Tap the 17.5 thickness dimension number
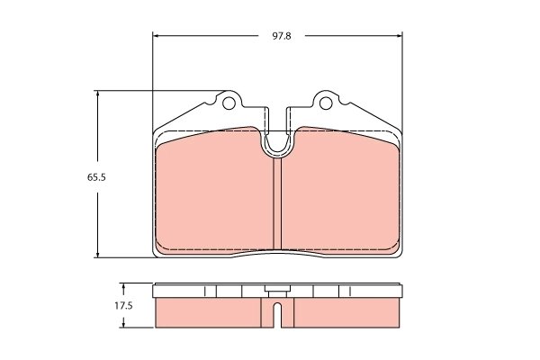(x=124, y=306)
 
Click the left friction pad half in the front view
(x=216, y=193)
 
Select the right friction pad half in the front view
(x=342, y=193)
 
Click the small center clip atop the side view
(x=278, y=290)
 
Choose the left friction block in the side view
(x=211, y=312)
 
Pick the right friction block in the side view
(x=346, y=312)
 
